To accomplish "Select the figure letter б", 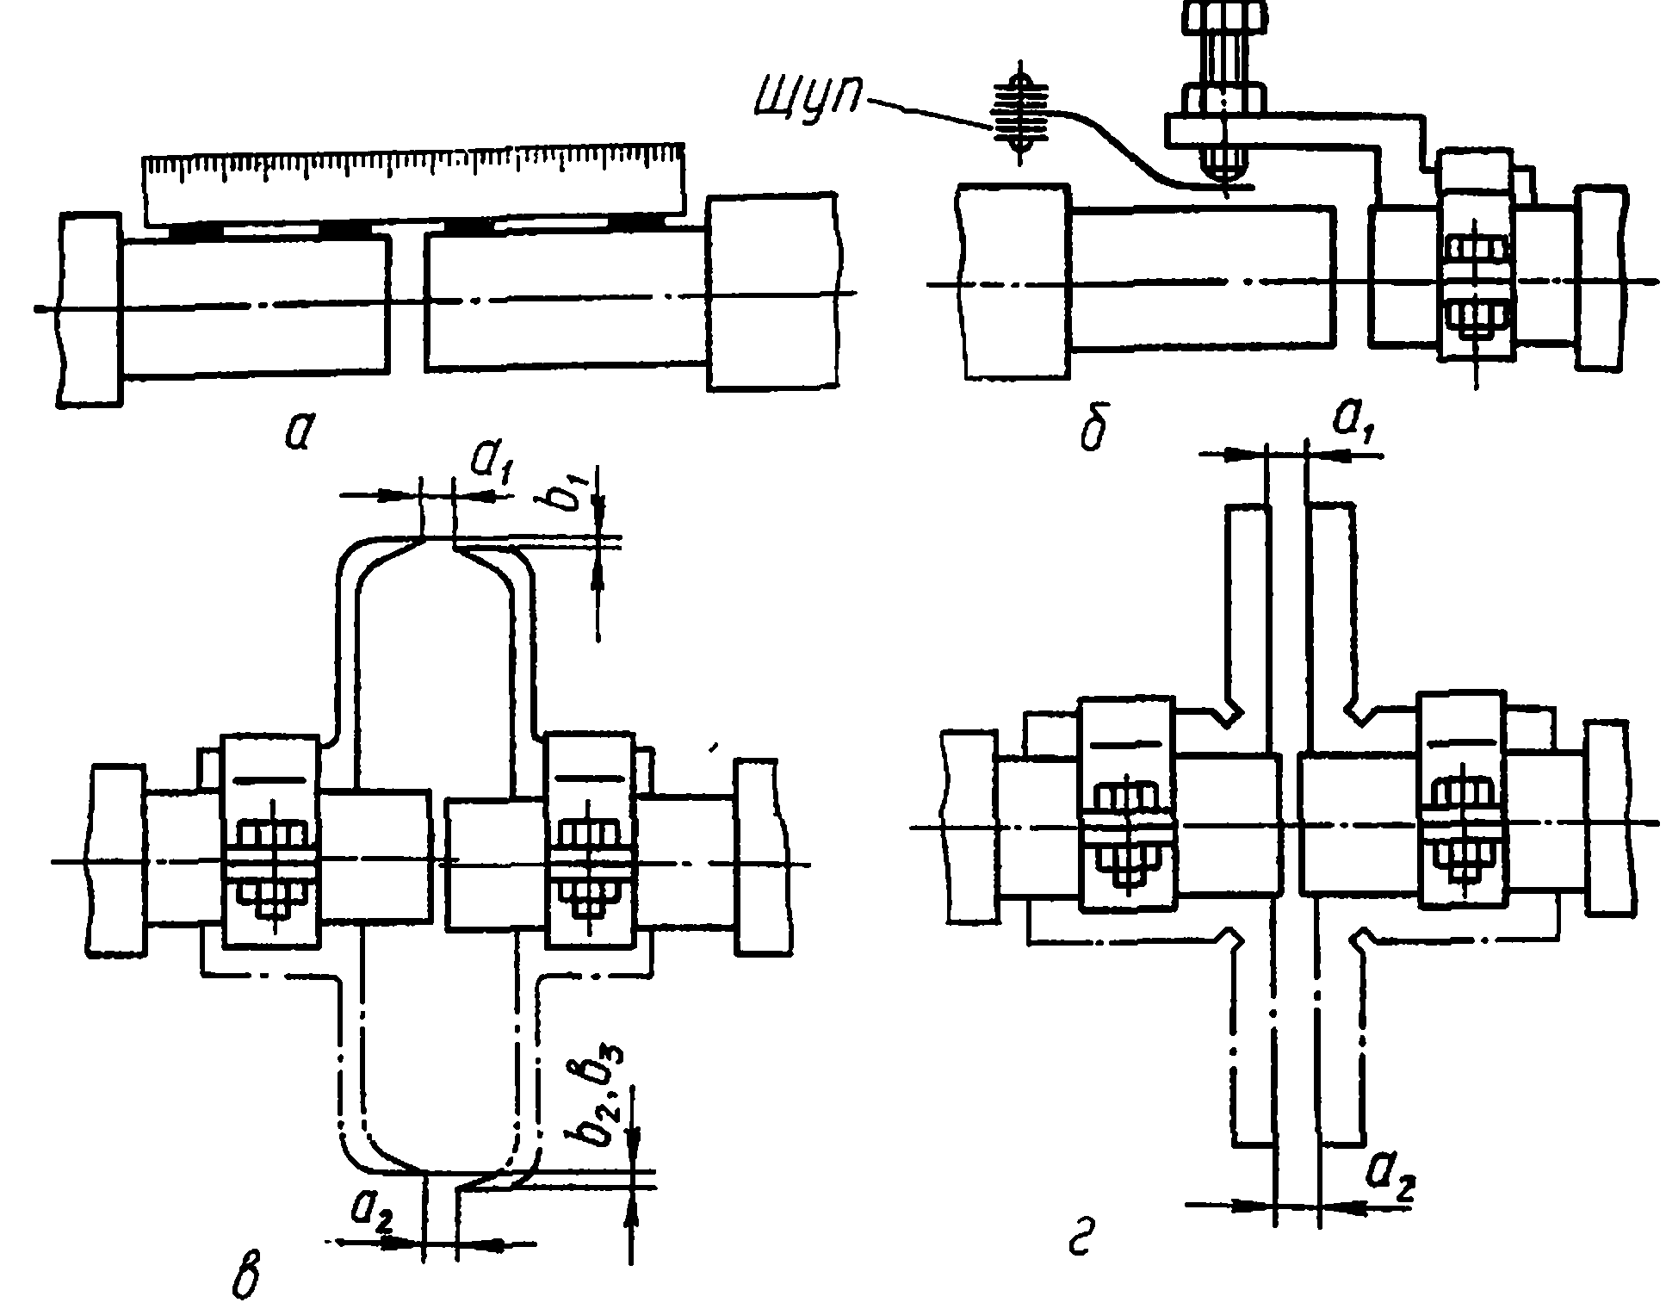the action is tap(1093, 431).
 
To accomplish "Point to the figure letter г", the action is tap(1082, 1247).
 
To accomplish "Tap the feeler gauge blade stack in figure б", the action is tap(1021, 112).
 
